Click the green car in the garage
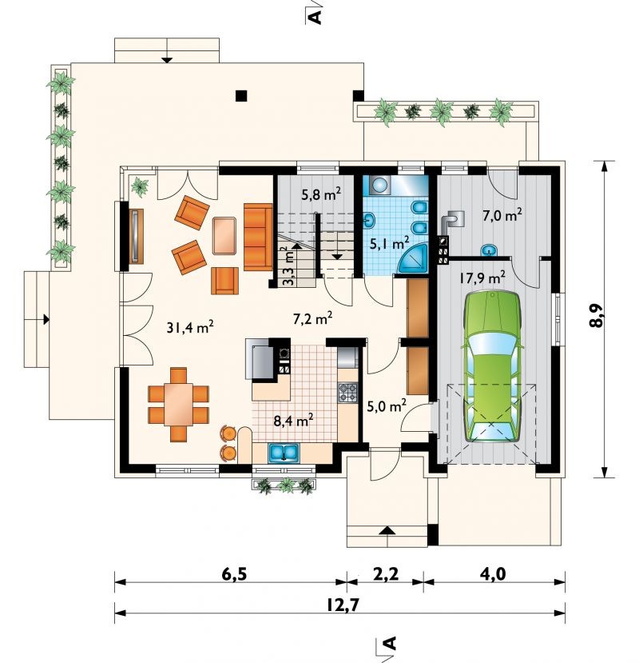click(x=493, y=366)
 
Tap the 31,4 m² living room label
click(x=189, y=326)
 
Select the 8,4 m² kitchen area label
click(x=293, y=421)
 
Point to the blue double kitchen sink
click(x=284, y=453)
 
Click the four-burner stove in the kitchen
click(x=348, y=393)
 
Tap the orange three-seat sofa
click(x=258, y=237)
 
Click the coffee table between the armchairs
click(x=224, y=235)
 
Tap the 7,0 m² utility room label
click(x=502, y=215)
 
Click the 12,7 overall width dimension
click(x=342, y=605)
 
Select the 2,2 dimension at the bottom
click(x=387, y=574)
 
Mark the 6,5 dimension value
click(x=233, y=574)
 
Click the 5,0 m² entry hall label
click(x=387, y=406)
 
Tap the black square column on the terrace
click(x=241, y=96)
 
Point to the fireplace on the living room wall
click(x=136, y=236)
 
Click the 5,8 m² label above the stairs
click(x=321, y=194)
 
